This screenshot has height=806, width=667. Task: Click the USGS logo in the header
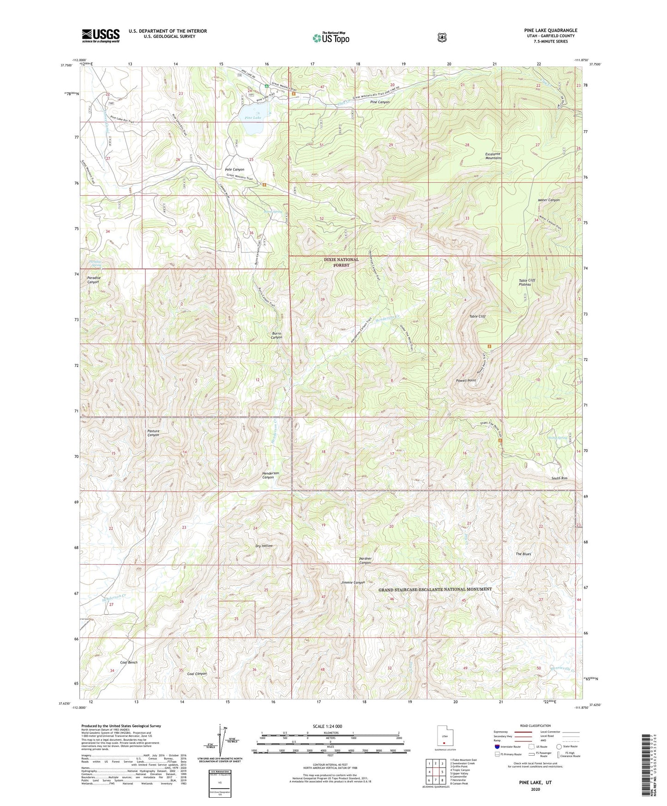(x=101, y=36)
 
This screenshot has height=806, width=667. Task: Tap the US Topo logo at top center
(x=330, y=38)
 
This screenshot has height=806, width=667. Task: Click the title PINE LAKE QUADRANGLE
(x=550, y=30)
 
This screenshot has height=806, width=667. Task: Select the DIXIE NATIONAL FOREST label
(x=341, y=262)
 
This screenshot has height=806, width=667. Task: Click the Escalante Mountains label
(x=493, y=156)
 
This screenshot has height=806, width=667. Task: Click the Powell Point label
(x=465, y=380)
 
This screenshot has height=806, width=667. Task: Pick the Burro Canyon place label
(x=276, y=335)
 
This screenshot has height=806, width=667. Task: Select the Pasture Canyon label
(x=153, y=433)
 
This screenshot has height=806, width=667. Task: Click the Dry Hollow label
(x=264, y=546)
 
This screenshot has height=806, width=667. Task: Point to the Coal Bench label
(x=129, y=662)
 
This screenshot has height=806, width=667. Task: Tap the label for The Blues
(x=523, y=554)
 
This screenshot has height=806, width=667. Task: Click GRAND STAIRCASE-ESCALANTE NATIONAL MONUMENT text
(x=435, y=589)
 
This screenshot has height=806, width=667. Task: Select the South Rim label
(x=559, y=478)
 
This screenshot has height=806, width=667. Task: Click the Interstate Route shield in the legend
(x=497, y=746)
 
